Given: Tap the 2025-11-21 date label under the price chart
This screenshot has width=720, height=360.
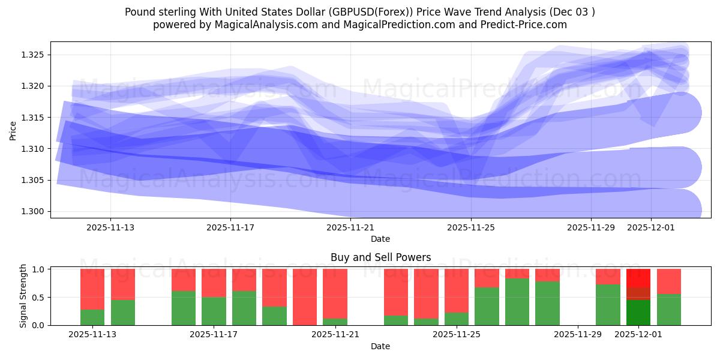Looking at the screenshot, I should click(350, 227).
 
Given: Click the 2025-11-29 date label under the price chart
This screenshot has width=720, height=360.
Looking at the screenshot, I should click(591, 227).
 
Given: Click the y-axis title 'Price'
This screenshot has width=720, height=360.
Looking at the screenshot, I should click(13, 130).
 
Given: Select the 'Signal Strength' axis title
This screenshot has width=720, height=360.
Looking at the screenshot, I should click(24, 296).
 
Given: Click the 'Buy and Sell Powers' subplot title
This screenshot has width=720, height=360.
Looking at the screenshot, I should click(380, 257).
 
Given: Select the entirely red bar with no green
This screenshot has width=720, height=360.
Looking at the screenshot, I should click(305, 297).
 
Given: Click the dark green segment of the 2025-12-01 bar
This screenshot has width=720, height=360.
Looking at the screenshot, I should click(638, 313).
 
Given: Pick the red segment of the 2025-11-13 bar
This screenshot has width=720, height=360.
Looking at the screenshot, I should click(92, 289).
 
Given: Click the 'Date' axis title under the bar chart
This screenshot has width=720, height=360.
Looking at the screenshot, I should click(380, 346).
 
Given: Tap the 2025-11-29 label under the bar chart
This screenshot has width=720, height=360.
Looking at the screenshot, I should click(577, 335).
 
